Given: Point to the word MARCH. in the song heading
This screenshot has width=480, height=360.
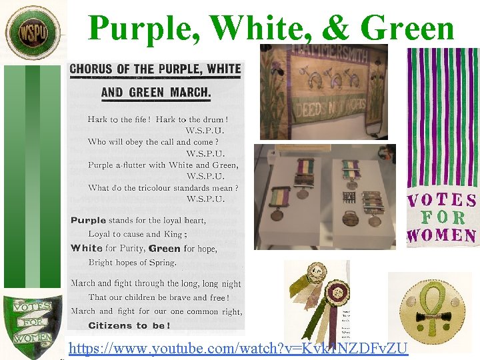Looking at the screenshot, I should (x=191, y=93).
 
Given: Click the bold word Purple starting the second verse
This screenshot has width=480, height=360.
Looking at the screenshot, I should (x=89, y=220).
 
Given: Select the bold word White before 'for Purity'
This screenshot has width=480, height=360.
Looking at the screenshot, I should (x=87, y=248).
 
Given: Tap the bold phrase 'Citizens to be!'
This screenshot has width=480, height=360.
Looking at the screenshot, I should (x=129, y=325).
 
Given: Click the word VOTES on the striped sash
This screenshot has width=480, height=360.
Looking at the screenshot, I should (x=442, y=200).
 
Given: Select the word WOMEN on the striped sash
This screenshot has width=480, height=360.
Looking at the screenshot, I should (x=442, y=235).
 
